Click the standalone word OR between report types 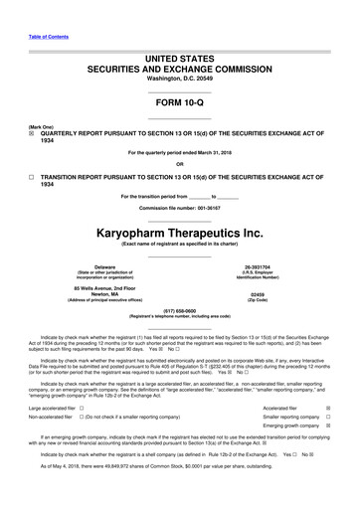pos(179,164)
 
